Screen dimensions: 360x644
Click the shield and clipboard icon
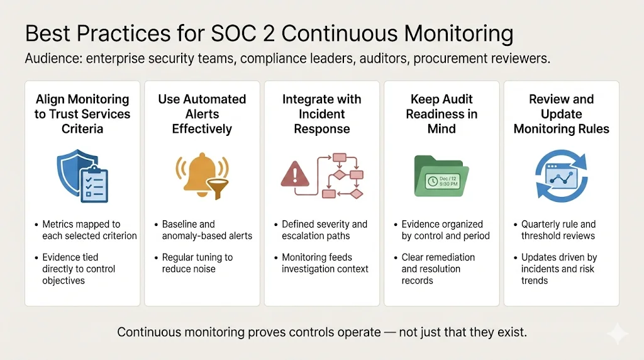tap(82, 176)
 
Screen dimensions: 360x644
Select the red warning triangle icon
tap(294, 176)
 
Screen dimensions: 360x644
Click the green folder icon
tap(441, 177)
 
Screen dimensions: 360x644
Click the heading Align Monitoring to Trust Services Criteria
tap(82, 114)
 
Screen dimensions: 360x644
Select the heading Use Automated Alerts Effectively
tap(202, 114)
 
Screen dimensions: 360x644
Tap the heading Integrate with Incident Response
tap(322, 114)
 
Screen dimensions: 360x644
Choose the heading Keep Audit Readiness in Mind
tap(441, 114)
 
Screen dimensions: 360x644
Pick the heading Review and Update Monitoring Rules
tap(562, 114)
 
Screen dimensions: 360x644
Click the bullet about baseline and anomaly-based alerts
tap(207, 230)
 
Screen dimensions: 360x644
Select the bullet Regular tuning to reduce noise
tap(197, 263)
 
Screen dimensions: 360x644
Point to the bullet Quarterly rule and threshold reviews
tap(558, 230)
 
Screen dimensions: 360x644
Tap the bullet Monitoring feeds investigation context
tap(325, 263)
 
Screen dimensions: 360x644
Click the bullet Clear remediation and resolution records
tap(438, 269)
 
